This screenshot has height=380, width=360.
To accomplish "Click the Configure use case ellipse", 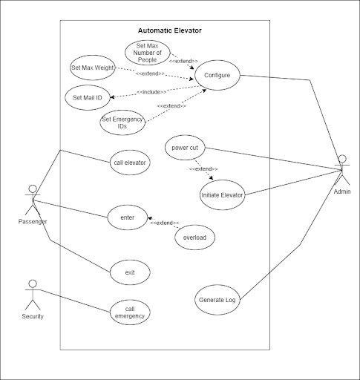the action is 217,75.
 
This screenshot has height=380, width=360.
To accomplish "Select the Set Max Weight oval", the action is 93,68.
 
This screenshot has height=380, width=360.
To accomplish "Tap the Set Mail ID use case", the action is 88,98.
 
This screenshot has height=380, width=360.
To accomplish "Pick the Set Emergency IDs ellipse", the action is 122,122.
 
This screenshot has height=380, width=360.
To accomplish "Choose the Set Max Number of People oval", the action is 147,53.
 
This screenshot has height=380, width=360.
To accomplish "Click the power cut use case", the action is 185,148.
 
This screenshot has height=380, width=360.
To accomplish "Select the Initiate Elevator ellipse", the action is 222,195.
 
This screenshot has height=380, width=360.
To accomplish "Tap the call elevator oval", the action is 130,163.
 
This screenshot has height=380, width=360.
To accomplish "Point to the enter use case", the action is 128,217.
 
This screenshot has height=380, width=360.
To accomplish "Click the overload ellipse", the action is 194,237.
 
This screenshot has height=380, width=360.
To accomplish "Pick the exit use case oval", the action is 130,272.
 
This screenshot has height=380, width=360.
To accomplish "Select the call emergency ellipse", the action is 130,312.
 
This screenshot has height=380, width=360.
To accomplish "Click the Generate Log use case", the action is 217,300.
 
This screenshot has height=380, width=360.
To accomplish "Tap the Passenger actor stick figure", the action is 33,200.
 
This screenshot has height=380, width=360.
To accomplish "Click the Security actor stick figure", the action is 33,295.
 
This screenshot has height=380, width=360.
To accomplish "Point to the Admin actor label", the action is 342,191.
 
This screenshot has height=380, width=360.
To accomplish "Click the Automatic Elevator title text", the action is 170,30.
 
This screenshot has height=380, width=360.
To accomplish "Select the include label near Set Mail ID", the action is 151,92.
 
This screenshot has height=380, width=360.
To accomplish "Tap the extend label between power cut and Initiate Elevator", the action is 203,169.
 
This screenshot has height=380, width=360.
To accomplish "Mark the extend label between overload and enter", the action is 165,223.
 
